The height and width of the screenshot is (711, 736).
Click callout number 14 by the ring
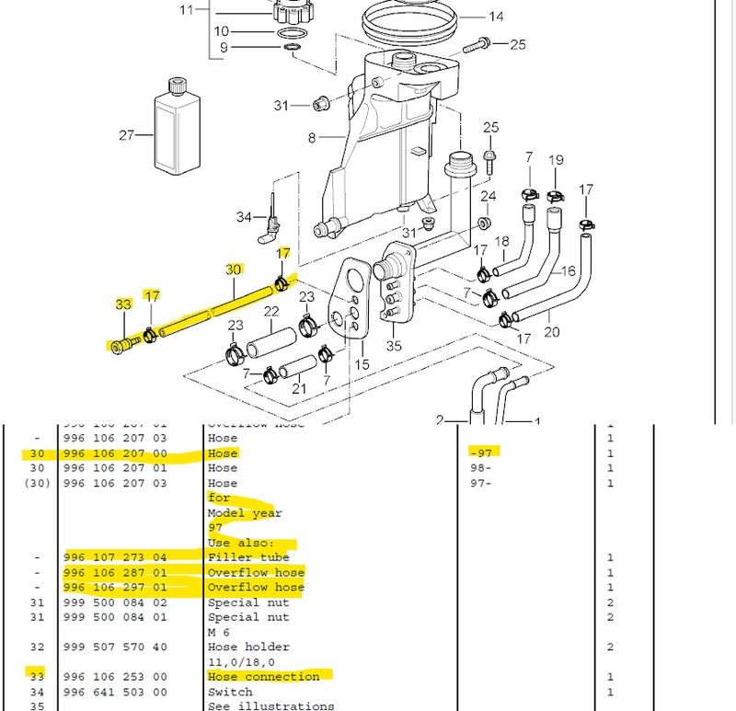496,17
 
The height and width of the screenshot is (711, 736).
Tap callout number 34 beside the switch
243,217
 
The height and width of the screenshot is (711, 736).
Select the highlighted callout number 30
234,269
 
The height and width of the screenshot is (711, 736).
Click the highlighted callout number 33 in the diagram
123,304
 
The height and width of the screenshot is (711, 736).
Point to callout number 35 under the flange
395,346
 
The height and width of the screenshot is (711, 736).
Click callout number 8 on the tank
312,138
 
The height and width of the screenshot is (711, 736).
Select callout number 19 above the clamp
556,160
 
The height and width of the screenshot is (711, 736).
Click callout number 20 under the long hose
551,331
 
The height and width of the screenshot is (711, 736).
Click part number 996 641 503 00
116,692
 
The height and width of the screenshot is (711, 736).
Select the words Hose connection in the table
263,677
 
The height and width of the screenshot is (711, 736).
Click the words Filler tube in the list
248,557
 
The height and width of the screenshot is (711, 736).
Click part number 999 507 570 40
116,648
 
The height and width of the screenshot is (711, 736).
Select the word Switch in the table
230,692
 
